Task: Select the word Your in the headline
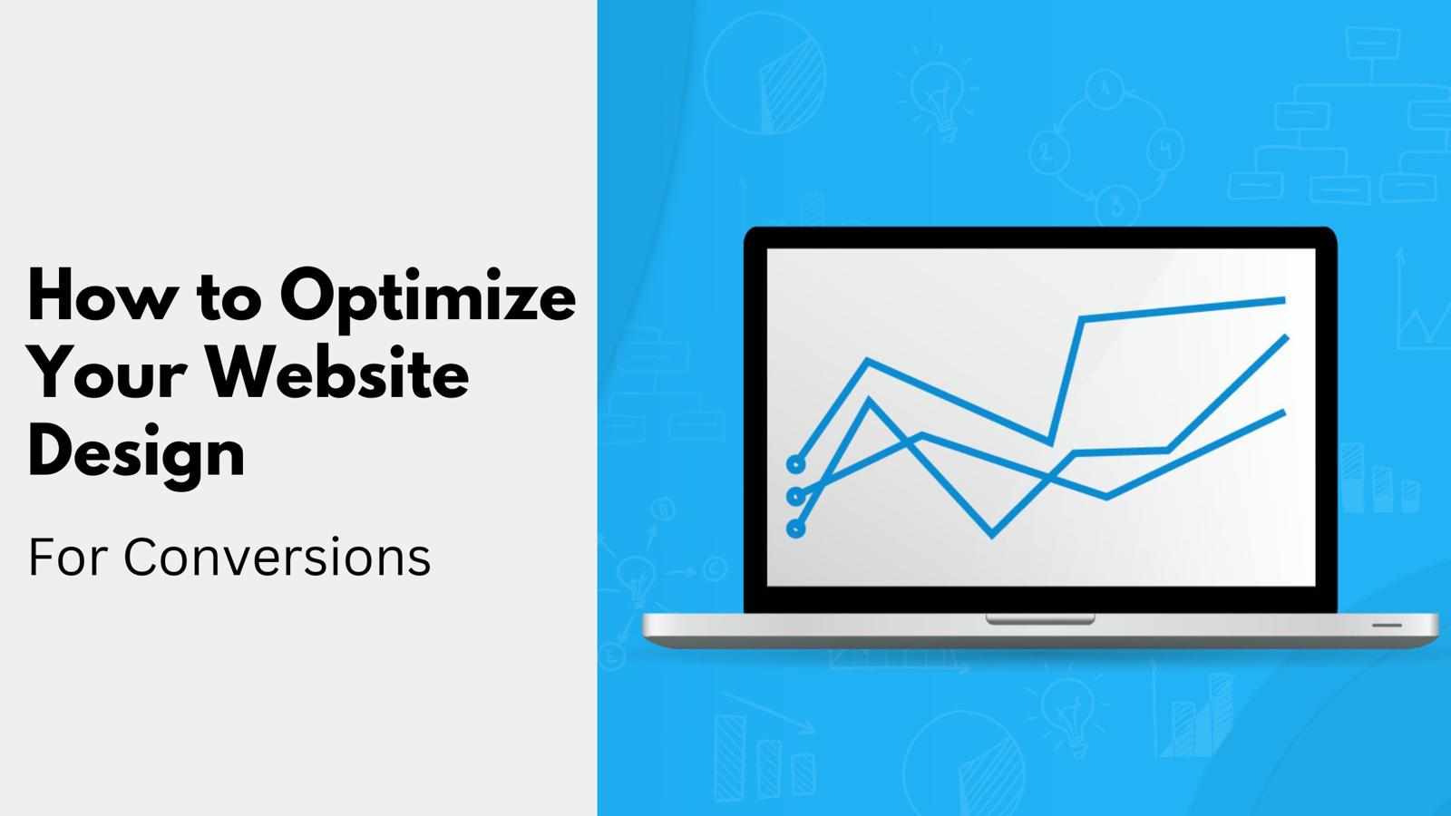tap(108, 374)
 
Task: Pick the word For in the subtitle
tap(67, 557)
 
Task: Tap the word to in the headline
tap(228, 300)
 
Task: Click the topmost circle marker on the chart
tap(796, 463)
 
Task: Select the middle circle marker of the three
tap(796, 497)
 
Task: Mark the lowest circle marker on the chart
tap(796, 529)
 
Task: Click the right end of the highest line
tap(1285, 300)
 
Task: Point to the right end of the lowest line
tap(1284, 412)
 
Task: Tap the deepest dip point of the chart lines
tap(993, 536)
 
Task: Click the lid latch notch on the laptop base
tap(1040, 620)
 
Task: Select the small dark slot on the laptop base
tap(1388, 626)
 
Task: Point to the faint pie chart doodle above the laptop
tap(765, 73)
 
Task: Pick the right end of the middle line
tap(1287, 336)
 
